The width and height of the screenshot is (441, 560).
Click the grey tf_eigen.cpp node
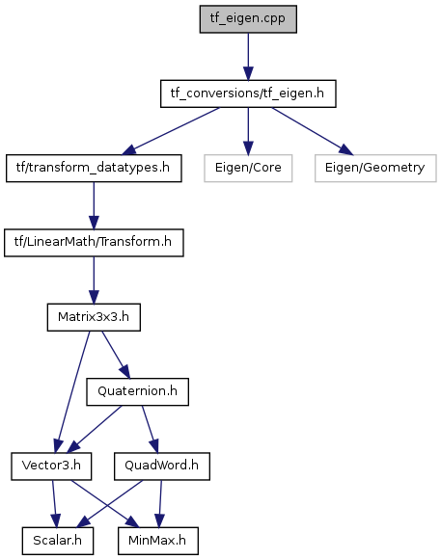click(248, 19)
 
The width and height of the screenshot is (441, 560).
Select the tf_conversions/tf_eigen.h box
click(248, 93)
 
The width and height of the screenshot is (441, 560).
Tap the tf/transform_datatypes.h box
click(94, 169)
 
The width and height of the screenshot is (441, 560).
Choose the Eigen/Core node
click(248, 169)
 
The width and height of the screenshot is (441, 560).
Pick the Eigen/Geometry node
click(375, 169)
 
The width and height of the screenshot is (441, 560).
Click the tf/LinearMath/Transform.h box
click(94, 243)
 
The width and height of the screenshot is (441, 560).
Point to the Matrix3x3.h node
click(94, 317)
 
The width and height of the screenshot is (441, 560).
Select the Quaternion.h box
click(137, 391)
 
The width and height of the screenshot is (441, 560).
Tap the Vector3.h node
click(51, 467)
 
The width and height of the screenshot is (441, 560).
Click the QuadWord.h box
click(162, 467)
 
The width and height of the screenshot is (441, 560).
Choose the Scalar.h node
click(58, 541)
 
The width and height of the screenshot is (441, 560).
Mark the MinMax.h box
click(157, 541)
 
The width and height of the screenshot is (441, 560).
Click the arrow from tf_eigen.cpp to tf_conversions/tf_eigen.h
click(248, 57)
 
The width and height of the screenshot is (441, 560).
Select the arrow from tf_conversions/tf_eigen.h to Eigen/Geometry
click(313, 131)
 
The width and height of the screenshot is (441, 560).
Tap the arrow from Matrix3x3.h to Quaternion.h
click(116, 355)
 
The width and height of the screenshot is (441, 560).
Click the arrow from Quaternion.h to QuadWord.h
click(150, 429)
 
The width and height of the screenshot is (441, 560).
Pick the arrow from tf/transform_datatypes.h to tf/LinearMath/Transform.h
click(94, 205)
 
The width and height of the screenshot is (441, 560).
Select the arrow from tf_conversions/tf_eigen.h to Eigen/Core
click(248, 131)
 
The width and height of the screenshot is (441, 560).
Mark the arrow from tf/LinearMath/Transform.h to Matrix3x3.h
click(94, 280)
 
